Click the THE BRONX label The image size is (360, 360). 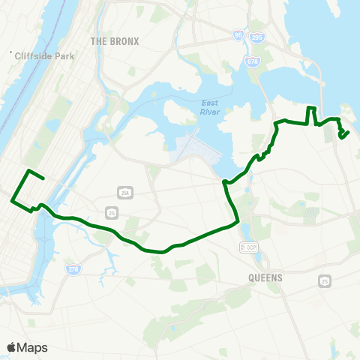[115, 40]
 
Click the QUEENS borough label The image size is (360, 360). [265, 277]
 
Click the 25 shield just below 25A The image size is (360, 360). [111, 213]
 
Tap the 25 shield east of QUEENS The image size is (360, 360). [325, 281]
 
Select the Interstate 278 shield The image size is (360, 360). [73, 268]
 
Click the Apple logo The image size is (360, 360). [12, 347]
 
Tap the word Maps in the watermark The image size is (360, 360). [33, 347]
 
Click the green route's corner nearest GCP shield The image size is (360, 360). [238, 221]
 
